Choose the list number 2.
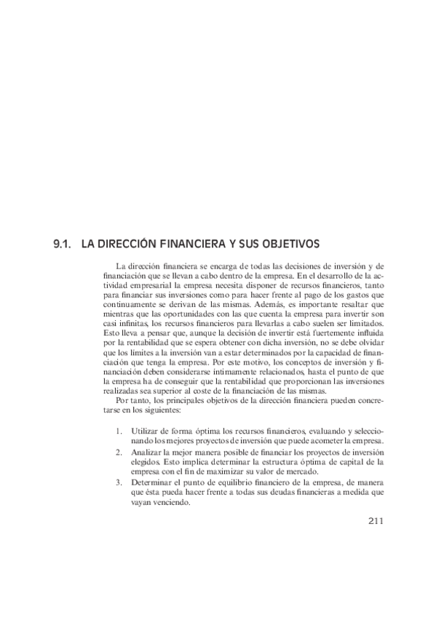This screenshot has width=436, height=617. tap(118, 452)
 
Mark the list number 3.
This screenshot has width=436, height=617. tap(118, 482)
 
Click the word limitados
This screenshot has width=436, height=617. tap(364, 323)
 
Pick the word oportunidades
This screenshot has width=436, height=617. tap(181, 314)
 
